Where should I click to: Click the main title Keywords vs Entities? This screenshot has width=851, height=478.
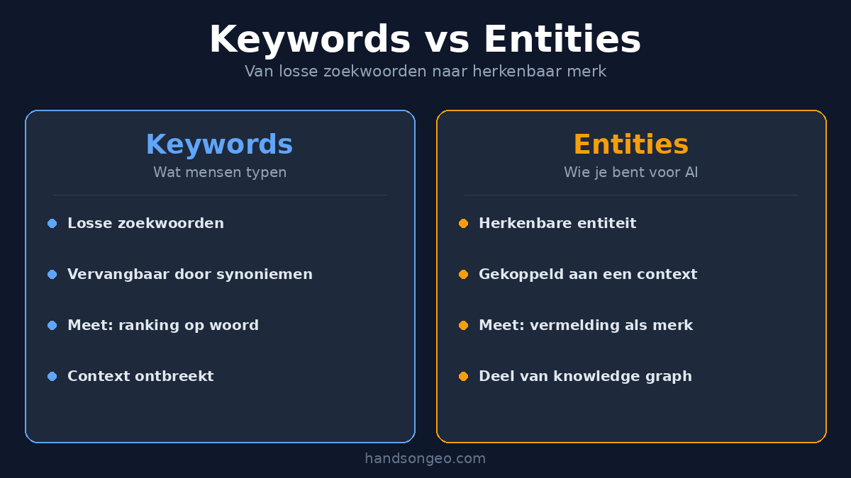pos(425,40)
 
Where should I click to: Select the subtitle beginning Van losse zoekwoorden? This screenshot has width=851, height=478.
pos(425,72)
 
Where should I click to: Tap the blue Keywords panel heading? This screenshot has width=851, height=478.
pos(219,145)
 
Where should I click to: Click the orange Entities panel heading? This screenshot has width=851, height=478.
pos(630,145)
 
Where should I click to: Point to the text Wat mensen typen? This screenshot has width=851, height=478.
pos(220,172)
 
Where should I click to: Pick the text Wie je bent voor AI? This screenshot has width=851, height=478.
pos(630,172)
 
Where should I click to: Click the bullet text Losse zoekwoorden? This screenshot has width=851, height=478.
pos(145,224)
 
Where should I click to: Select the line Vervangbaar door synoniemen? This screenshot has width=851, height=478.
pos(189,275)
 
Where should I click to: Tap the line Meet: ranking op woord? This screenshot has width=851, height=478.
pos(162,326)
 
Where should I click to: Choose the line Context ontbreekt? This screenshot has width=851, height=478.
pos(140,377)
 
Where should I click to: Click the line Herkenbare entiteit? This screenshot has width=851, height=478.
pos(557,224)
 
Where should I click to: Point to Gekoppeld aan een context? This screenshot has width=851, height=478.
pos(588,275)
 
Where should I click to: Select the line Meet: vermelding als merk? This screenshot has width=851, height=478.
pos(586,326)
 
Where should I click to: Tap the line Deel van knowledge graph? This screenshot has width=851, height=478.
pos(585,377)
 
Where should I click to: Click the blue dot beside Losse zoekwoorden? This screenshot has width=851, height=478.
pos(52,224)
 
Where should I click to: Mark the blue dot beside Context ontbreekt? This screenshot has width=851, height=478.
pos(52,377)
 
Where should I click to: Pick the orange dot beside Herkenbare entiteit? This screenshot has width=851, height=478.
pos(463,224)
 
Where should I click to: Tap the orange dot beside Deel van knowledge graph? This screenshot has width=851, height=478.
pos(463,377)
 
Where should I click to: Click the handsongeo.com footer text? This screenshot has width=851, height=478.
pos(425,459)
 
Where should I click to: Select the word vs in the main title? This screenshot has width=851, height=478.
pos(447,40)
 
